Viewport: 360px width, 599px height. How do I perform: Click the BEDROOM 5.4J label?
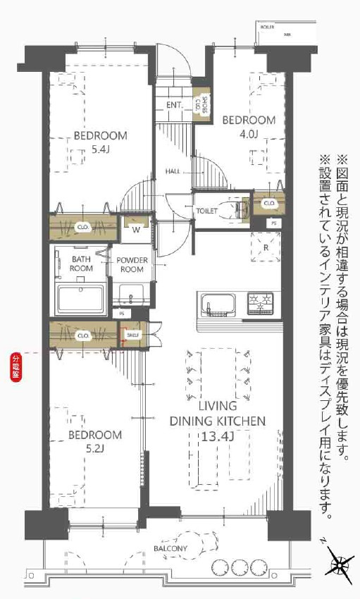pos(101,142)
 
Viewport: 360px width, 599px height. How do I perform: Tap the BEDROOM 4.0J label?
pos(249,126)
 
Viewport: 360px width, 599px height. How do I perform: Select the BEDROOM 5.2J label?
pos(95,441)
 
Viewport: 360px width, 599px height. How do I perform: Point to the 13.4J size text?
pos(216,436)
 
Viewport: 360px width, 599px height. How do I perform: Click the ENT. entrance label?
pos(175,106)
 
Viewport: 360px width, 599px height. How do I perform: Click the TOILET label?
pos(206,210)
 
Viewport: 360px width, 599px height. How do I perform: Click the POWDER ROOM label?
pos(132,264)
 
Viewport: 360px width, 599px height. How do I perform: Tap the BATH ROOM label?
pos(82,264)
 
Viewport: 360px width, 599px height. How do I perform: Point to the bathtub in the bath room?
pos(81,299)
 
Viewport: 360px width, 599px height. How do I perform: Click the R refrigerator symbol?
pos(266,248)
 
